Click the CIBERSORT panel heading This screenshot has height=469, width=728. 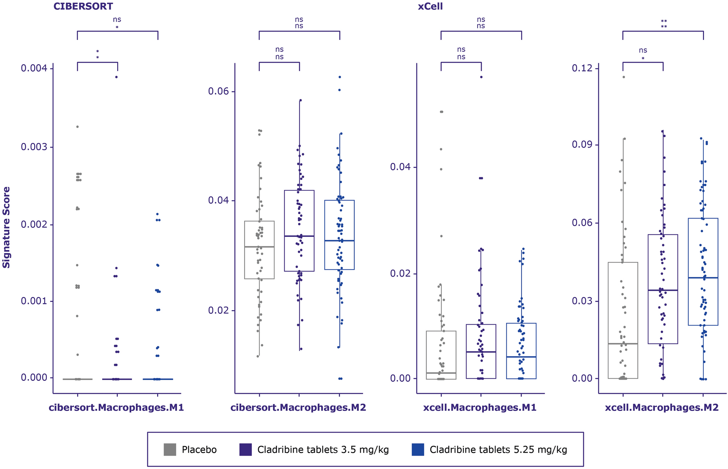83,7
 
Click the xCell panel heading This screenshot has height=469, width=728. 430,7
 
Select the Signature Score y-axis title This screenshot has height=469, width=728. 7,227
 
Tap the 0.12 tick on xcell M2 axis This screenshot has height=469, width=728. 583,68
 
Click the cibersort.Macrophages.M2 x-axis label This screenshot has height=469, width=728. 298,408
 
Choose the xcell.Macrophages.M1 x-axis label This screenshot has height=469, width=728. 480,408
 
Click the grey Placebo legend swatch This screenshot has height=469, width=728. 170,449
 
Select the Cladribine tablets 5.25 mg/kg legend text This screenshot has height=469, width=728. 498,450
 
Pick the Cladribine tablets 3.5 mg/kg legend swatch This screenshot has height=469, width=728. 246,449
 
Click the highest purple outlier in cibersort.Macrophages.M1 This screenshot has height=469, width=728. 116,77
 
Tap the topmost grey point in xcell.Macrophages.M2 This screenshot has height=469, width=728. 624,77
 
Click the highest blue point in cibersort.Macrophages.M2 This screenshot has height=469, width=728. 340,77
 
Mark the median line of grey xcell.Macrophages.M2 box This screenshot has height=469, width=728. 623,343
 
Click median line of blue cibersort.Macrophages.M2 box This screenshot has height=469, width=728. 340,240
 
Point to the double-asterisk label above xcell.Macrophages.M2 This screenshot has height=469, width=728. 663,24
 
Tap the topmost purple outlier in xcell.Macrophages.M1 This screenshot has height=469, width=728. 481,77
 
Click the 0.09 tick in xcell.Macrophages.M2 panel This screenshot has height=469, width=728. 583,145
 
